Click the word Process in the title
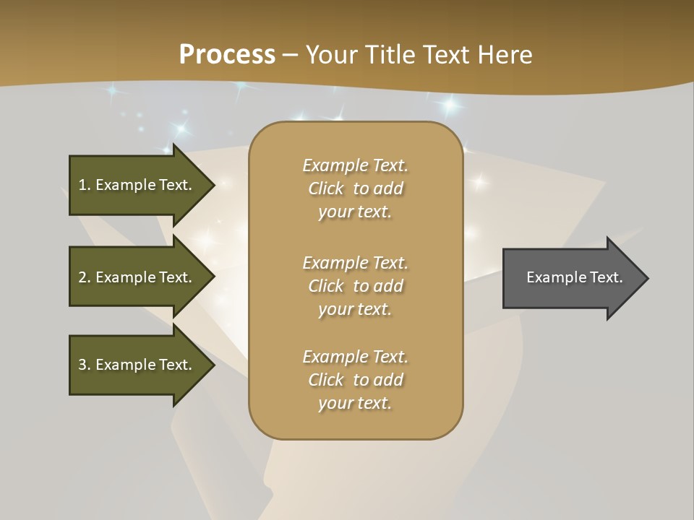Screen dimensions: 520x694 [x=227, y=55]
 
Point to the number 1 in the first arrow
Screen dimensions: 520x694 [x=82, y=185]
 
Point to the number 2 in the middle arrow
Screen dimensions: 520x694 [x=82, y=277]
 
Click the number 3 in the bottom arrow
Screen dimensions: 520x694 [x=82, y=365]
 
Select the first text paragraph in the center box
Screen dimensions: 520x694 [x=355, y=188]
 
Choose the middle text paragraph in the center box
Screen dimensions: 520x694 [x=355, y=286]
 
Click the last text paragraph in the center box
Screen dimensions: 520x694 [x=355, y=380]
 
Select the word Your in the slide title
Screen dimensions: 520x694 [x=329, y=55]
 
